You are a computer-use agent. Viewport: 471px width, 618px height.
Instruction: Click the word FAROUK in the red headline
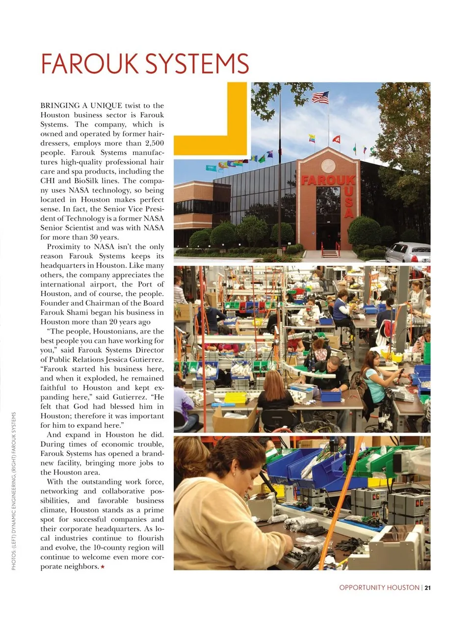(x=90, y=64)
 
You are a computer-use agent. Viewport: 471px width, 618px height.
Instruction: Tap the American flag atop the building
(x=320, y=97)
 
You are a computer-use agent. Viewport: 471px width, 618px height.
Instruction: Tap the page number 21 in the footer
(x=427, y=587)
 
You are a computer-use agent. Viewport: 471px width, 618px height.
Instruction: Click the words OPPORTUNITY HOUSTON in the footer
(x=379, y=587)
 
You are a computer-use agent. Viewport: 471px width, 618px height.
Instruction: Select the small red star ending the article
(x=103, y=567)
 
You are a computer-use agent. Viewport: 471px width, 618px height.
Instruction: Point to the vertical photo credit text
(x=14, y=490)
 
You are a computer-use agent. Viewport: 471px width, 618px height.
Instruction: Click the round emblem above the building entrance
(x=328, y=166)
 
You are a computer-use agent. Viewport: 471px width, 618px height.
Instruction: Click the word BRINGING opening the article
(x=60, y=105)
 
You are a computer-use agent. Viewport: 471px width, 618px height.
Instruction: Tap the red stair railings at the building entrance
(x=330, y=248)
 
